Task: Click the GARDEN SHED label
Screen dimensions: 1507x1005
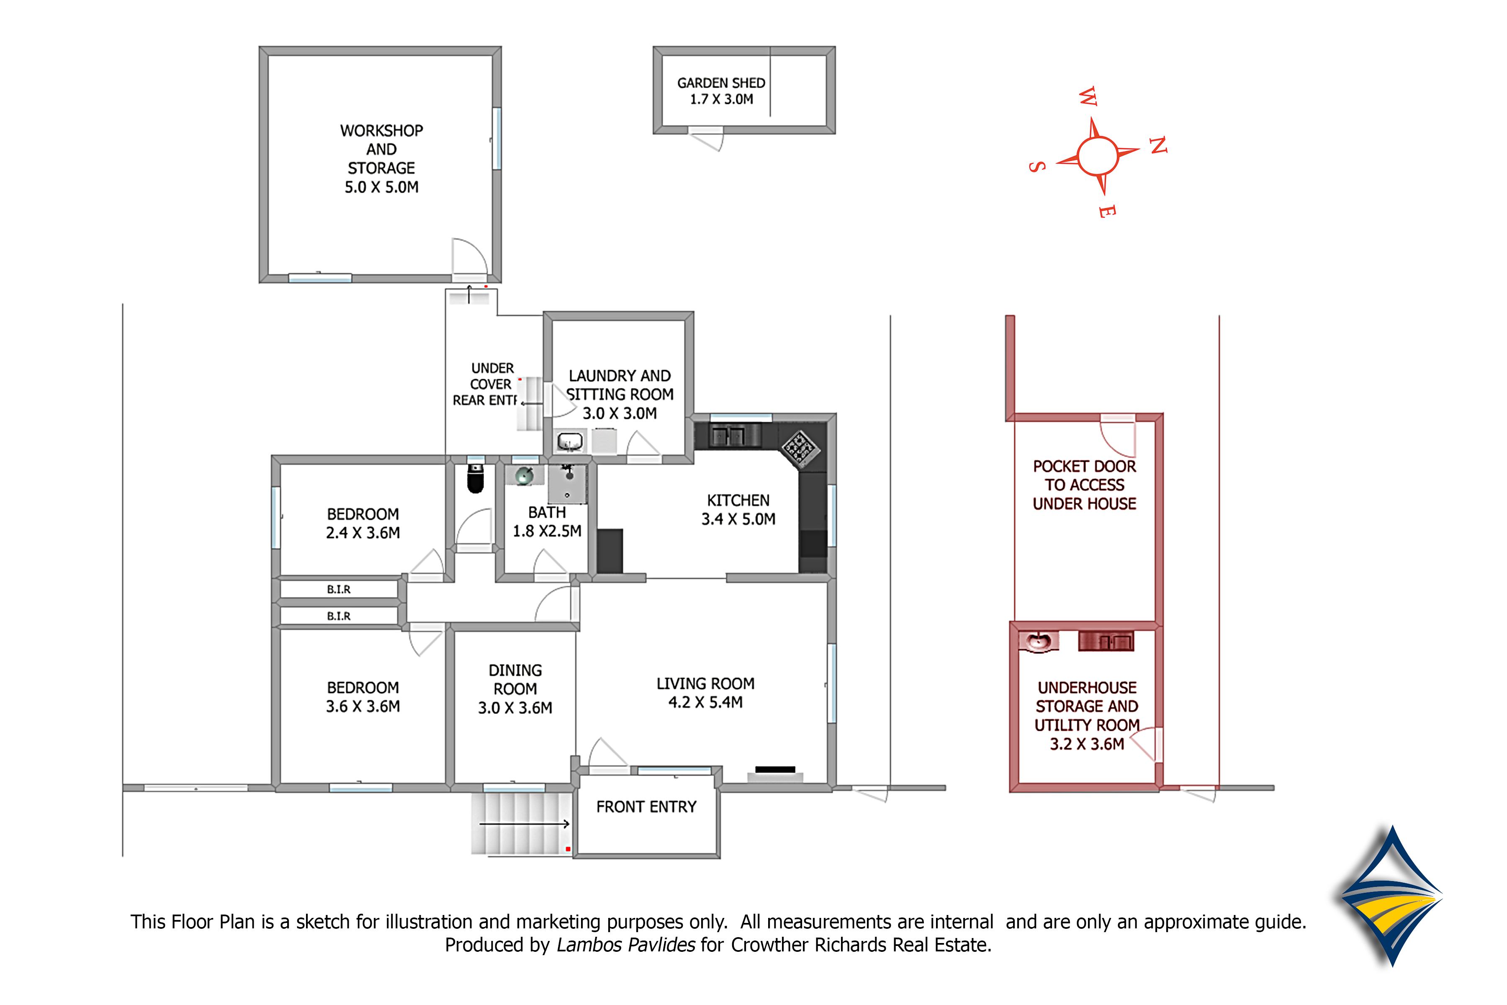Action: click(721, 82)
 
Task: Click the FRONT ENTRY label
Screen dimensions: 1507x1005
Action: click(646, 807)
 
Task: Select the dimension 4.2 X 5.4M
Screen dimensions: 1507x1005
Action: click(705, 703)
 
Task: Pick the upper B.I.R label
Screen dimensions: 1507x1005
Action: click(339, 590)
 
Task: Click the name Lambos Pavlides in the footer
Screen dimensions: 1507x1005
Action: click(625, 945)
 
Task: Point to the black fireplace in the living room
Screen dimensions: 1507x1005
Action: click(775, 770)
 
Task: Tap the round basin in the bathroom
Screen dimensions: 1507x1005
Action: click(525, 476)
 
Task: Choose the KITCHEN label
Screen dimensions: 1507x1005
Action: click(738, 500)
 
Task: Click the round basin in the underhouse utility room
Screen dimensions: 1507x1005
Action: click(1037, 641)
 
